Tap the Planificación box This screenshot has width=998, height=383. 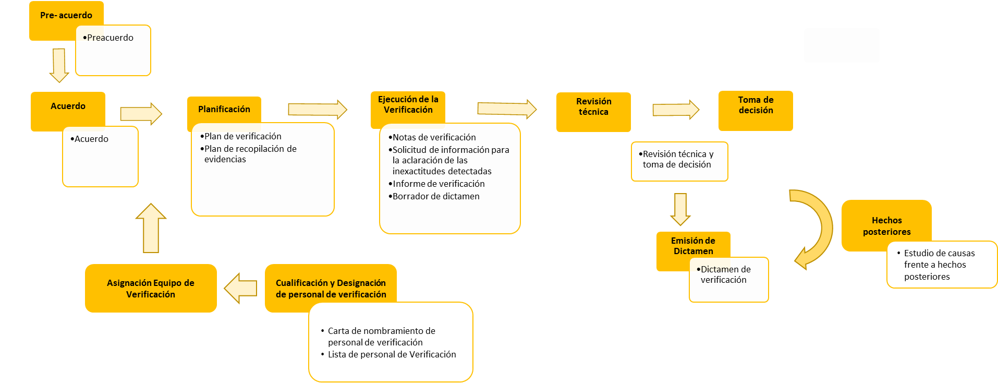[x=224, y=109]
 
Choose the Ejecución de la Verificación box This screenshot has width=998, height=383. [x=408, y=105]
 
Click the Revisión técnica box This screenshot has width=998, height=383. [x=593, y=112]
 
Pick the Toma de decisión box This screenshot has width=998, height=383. [x=756, y=110]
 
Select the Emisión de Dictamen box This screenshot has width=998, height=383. [x=693, y=245]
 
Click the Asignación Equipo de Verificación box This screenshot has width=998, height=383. [x=151, y=288]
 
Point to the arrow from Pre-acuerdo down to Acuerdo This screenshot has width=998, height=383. [x=59, y=65]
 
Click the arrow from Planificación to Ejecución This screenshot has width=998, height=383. [x=317, y=110]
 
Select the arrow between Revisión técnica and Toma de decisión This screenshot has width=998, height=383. [x=675, y=110]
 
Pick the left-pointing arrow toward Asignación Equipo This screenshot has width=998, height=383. [x=240, y=288]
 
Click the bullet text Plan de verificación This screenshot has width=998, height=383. [x=242, y=136]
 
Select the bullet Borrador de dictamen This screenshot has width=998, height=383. [x=435, y=196]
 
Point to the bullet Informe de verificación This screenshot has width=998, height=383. [x=438, y=184]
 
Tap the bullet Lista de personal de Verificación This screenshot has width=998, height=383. [x=392, y=354]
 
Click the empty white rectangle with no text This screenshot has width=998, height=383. [x=842, y=45]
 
